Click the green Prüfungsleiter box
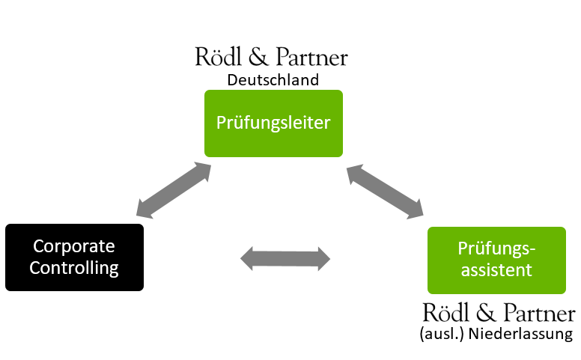pyautogui.click(x=273, y=123)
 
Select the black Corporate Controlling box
pyautogui.click(x=74, y=257)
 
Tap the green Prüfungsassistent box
pyautogui.click(x=496, y=260)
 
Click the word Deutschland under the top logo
pyautogui.click(x=273, y=79)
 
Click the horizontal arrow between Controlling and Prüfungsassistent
pyautogui.click(x=285, y=259)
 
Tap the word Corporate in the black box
pyautogui.click(x=74, y=246)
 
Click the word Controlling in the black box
pyautogui.click(x=74, y=268)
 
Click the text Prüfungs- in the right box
pyautogui.click(x=496, y=249)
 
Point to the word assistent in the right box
pyautogui.click(x=496, y=270)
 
